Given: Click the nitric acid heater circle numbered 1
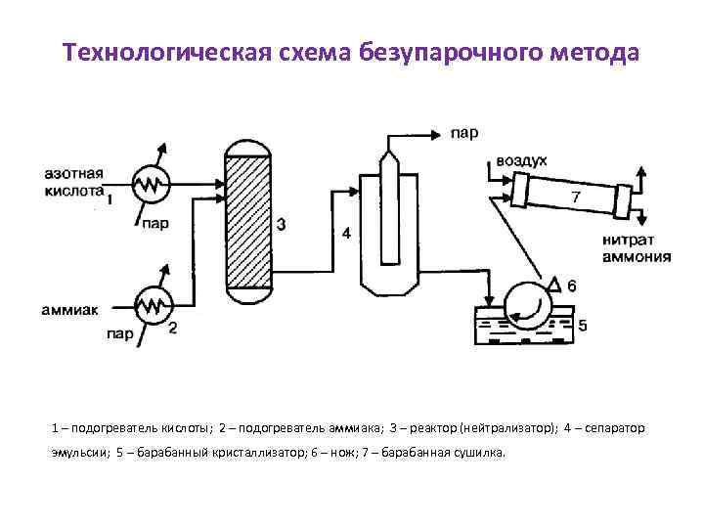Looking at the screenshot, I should click(x=150, y=182).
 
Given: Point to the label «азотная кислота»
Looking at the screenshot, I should click(x=72, y=183).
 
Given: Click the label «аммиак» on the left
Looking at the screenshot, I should click(x=71, y=310).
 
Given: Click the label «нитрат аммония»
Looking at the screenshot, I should click(x=636, y=248).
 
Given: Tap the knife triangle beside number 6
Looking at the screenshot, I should click(x=553, y=285).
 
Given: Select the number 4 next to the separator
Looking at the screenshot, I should click(x=344, y=234).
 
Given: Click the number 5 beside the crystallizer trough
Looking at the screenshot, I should click(x=583, y=325).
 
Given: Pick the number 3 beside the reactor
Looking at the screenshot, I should click(x=282, y=226).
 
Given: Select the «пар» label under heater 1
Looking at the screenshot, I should click(x=154, y=223).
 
